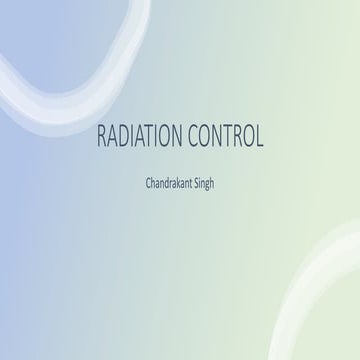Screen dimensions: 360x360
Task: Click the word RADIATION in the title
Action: (x=135, y=137)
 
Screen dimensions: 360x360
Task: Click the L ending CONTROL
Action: (x=259, y=137)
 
